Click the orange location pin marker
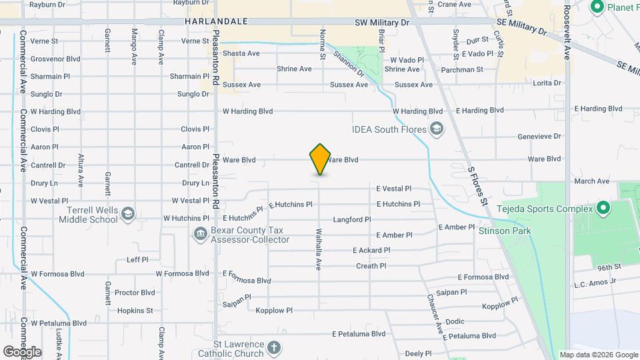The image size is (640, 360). [x=320, y=159]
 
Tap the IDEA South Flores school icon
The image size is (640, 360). [x=437, y=129]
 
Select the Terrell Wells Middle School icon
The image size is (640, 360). [x=128, y=214]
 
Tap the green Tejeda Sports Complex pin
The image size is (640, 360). [x=603, y=209]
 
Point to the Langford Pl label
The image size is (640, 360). [x=351, y=219]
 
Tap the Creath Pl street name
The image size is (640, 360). [x=371, y=266]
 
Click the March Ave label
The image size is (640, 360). [x=592, y=181]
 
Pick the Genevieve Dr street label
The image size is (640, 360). [x=539, y=137]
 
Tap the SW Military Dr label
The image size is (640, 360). [x=382, y=22]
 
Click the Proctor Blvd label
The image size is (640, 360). [x=135, y=293]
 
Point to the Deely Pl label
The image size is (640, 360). [x=419, y=353]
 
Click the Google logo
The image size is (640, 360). [x=22, y=351]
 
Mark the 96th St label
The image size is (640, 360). [x=609, y=267]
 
